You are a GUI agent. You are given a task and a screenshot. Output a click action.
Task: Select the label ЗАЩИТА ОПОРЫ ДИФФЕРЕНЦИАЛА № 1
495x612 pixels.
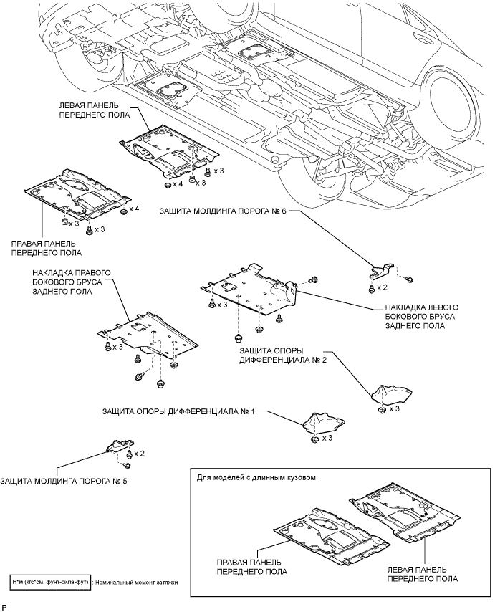pos(178,411)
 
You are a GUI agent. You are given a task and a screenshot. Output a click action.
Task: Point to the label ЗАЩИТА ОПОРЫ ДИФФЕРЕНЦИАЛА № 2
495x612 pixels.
pos(283,355)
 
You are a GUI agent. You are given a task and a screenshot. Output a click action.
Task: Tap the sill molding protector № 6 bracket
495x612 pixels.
pos(381,270)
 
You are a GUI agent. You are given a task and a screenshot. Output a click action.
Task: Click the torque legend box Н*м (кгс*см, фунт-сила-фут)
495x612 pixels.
pos(51,583)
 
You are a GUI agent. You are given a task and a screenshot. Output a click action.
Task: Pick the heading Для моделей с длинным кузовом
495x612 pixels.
pos(257,477)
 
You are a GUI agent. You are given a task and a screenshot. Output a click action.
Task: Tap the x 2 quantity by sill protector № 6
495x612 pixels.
pos(382,287)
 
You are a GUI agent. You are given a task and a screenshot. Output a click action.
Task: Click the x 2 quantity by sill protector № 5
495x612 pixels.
pos(139,454)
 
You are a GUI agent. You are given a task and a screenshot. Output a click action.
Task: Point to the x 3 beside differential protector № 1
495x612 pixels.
pos(327,439)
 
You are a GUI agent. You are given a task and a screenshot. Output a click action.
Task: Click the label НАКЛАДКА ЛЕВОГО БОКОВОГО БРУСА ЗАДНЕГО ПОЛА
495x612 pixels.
pos(422,317)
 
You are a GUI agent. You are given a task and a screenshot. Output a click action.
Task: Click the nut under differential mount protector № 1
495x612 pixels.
pos(314,439)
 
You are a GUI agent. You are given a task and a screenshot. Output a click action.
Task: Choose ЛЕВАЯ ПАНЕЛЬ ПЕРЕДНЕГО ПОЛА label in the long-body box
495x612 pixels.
pos(423,574)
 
